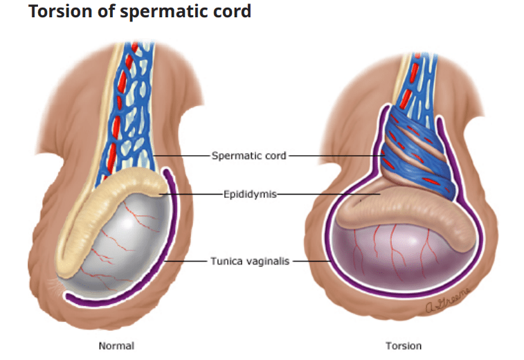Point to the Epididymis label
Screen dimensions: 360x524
[x=249, y=195]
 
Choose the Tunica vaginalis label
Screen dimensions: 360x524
[x=251, y=261]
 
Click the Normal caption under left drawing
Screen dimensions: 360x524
[x=116, y=345]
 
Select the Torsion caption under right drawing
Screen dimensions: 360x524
[x=404, y=345]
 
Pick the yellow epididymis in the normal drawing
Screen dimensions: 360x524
[x=104, y=208]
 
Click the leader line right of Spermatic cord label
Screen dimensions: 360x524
[x=336, y=156]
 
